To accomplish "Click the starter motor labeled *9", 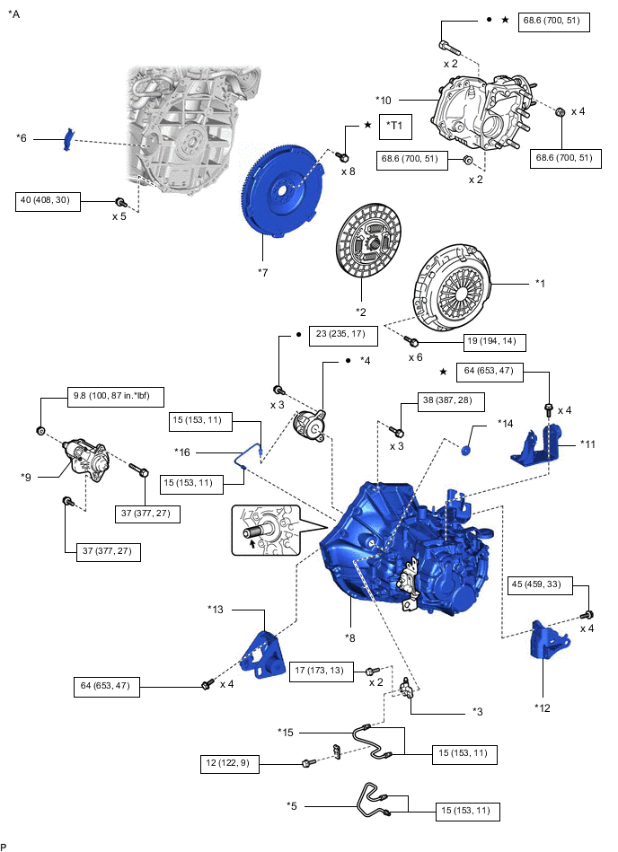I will (84, 457).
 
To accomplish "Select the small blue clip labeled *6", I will (68, 140).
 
